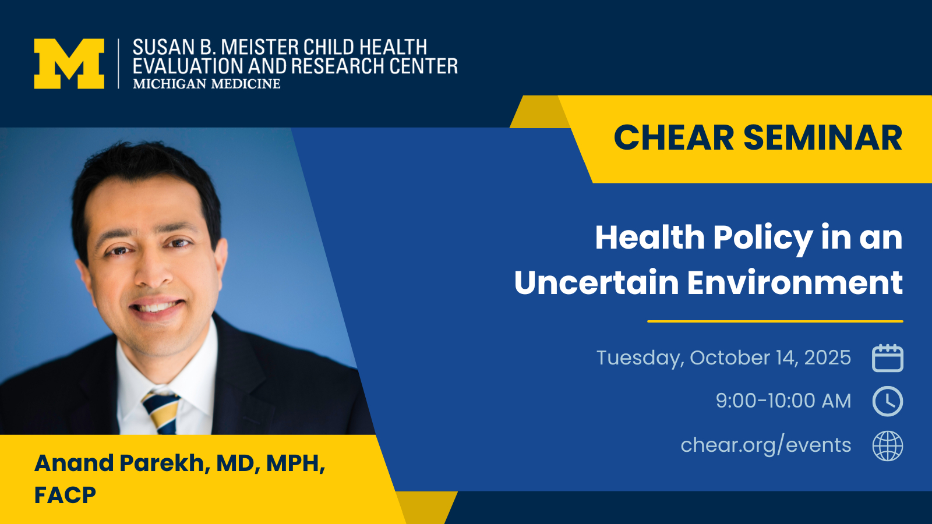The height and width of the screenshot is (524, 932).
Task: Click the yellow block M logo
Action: pyautogui.click(x=69, y=63)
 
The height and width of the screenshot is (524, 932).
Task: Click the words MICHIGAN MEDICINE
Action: pyautogui.click(x=207, y=84)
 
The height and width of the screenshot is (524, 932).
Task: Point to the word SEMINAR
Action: pyautogui.click(x=823, y=137)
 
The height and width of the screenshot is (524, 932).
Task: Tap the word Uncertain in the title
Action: pyautogui.click(x=596, y=283)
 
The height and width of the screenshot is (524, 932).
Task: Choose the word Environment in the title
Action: pyautogui.click(x=795, y=283)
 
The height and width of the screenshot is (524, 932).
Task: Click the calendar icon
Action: pyautogui.click(x=888, y=358)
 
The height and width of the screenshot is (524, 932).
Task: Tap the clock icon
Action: pyautogui.click(x=888, y=401)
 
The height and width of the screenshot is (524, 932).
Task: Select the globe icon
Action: pyautogui.click(x=888, y=446)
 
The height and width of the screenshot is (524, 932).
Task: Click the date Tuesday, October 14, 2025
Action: pyautogui.click(x=723, y=358)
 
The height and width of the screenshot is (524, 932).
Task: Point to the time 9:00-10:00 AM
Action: pyautogui.click(x=783, y=401)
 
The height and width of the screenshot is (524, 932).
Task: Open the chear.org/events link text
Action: pyautogui.click(x=765, y=445)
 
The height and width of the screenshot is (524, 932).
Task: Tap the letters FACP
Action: pyautogui.click(x=65, y=495)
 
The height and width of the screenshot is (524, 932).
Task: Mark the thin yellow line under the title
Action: pyautogui.click(x=775, y=321)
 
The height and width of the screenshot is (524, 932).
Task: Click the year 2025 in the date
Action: pyautogui.click(x=828, y=357)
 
